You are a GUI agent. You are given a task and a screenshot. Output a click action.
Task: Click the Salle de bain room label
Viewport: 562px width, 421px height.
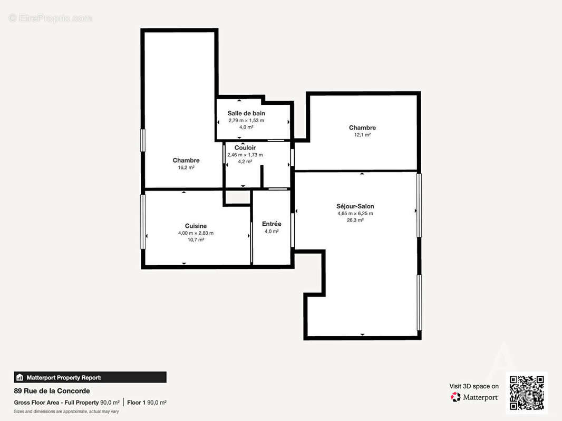[246, 113]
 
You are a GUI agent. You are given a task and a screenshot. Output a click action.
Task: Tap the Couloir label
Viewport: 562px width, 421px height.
[245, 148]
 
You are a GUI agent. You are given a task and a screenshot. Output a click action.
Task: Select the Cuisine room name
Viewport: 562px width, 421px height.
[196, 226]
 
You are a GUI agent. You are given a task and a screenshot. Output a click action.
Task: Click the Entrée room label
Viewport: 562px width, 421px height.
[272, 224]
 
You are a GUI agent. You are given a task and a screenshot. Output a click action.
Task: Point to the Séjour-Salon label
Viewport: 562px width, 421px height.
[355, 206]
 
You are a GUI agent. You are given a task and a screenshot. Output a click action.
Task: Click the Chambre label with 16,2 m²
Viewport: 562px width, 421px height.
[186, 161]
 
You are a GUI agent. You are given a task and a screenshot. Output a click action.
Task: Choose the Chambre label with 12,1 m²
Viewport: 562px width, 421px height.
[362, 128]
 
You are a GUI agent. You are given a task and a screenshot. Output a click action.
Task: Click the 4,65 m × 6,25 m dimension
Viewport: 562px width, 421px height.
[355, 214]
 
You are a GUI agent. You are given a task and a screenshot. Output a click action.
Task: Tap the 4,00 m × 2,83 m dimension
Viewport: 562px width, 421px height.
[196, 233]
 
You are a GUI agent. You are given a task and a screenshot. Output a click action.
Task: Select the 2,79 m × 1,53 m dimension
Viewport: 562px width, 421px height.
[246, 121]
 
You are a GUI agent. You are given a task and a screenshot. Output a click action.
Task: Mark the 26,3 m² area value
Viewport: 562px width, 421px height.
[355, 220]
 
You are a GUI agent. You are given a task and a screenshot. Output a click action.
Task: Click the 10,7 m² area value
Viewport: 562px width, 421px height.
[196, 240]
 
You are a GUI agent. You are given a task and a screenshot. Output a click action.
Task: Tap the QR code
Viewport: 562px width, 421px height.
[527, 393]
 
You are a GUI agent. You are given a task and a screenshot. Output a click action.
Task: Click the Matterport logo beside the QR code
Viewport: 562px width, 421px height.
[474, 397]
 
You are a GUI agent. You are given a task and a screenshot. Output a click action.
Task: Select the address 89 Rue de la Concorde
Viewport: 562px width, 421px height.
[52, 391]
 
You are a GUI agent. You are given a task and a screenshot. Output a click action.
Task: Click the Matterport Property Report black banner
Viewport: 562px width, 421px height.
[90, 377]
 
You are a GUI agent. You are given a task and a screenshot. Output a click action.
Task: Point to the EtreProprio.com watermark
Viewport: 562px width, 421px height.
[50, 18]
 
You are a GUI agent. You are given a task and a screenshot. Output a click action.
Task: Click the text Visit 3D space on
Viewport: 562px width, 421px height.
[473, 386]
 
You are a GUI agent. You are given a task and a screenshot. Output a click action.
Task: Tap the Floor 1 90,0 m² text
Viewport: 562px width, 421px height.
[147, 403]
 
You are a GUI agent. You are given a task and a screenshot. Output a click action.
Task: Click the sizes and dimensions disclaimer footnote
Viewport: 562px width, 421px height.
[66, 412]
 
